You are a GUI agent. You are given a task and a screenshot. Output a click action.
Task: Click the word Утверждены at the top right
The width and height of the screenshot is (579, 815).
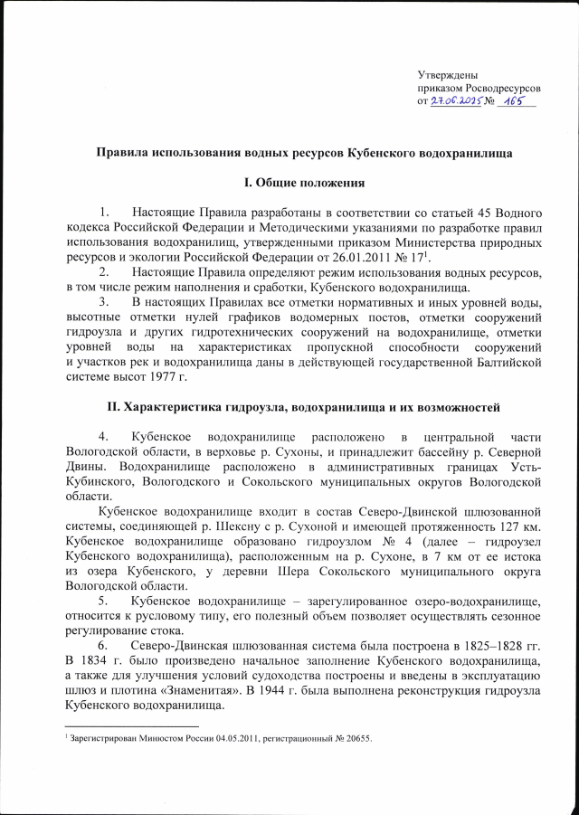448,73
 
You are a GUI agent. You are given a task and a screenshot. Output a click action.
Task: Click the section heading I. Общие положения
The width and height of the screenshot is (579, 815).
305,185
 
